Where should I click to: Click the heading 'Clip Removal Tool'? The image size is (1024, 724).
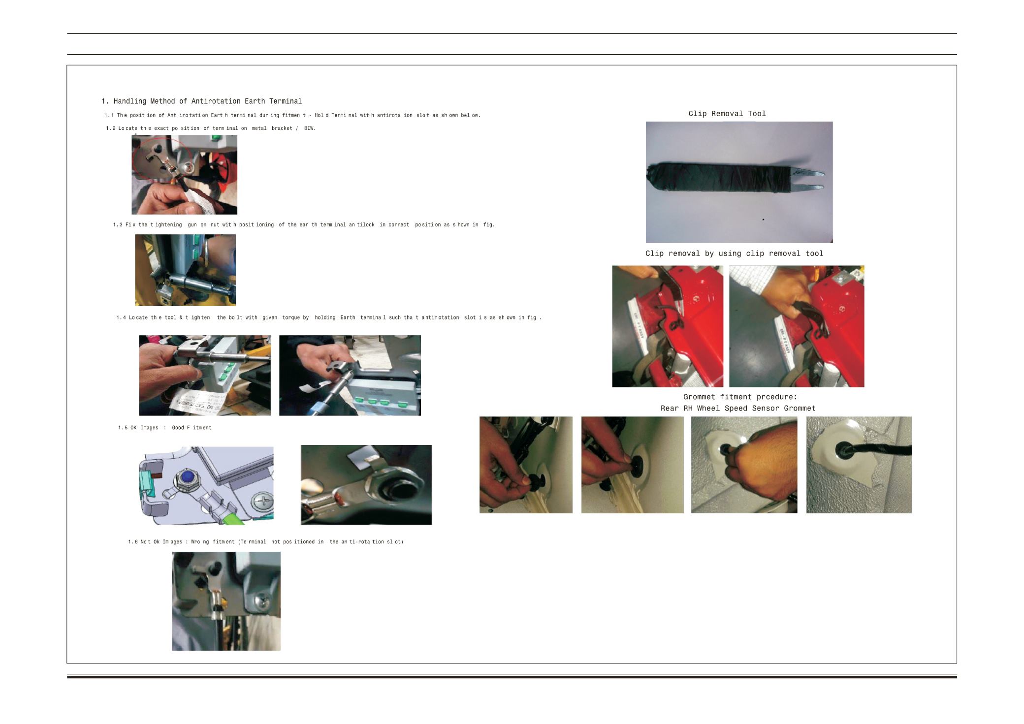[727, 114]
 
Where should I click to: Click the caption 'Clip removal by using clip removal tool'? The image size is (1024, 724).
[734, 253]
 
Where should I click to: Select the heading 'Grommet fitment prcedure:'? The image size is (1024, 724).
[740, 397]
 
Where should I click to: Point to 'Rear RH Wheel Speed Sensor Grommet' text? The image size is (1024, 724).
[738, 408]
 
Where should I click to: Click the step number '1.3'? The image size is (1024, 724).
[118, 225]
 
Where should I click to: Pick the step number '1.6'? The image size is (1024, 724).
[133, 542]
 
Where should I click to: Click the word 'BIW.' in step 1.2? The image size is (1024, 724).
[310, 128]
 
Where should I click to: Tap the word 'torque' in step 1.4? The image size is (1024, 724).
[291, 318]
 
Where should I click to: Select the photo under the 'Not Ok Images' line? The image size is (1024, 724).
[226, 601]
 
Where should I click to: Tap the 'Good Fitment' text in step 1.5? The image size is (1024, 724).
[192, 428]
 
